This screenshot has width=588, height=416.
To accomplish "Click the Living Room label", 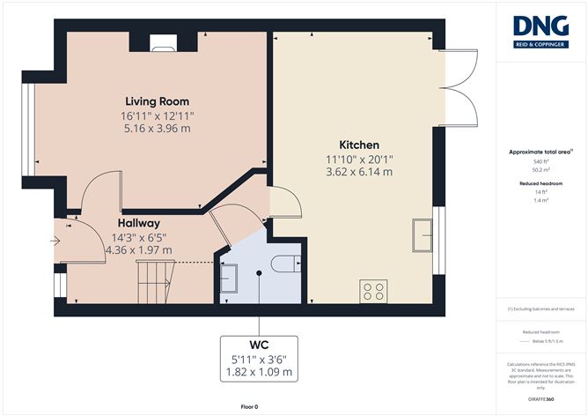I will (157, 101).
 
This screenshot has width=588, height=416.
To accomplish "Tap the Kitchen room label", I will (359, 145).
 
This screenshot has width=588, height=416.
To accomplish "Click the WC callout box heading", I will (259, 343).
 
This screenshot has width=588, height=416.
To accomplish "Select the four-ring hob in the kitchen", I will (373, 290).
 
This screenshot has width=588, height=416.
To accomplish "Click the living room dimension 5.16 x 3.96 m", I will (157, 130).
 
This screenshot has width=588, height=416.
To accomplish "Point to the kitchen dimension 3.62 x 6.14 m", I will (359, 173).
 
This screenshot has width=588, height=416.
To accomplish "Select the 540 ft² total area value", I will (540, 161).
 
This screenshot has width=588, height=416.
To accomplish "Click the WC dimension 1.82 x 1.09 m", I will (259, 373).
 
